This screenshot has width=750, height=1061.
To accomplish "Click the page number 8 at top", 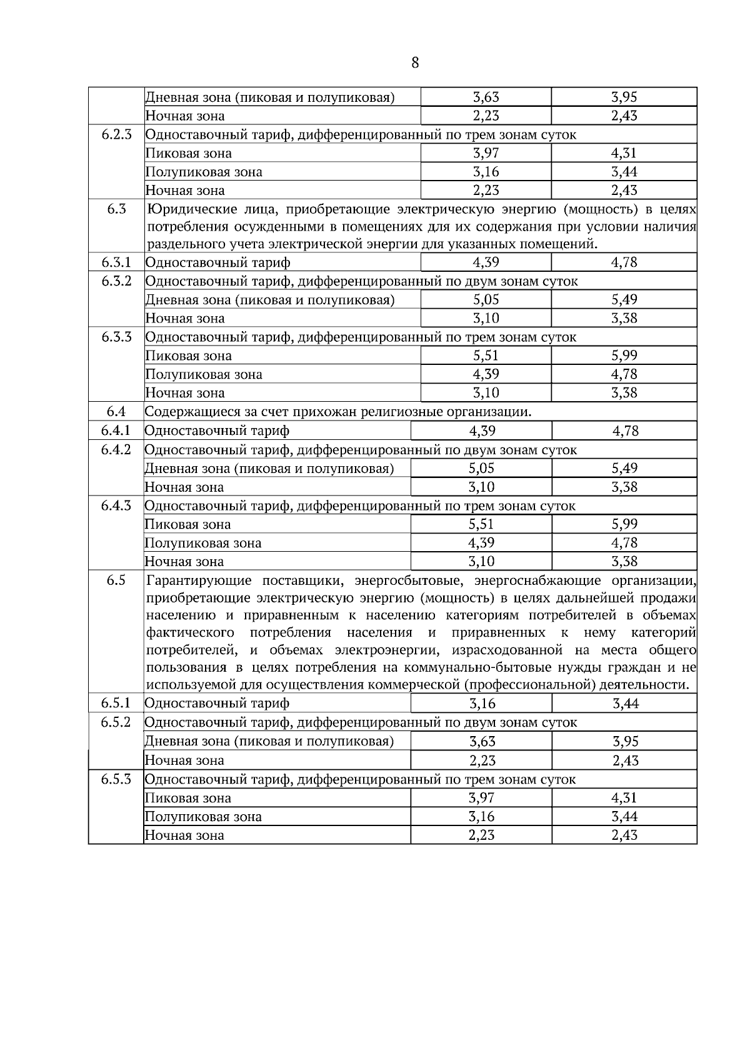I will (415, 62).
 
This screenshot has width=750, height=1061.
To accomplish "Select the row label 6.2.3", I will (117, 134).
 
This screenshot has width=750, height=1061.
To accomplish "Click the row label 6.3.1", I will (117, 262).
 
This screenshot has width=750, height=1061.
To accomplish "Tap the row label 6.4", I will (116, 411).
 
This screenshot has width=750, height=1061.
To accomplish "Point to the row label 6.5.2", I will (116, 722).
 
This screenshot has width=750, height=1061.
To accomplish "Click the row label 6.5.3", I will (116, 779).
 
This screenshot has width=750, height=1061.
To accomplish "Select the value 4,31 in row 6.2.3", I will (624, 153).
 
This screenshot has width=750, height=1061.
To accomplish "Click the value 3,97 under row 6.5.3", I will (481, 798).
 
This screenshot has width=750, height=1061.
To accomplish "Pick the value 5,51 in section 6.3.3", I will (486, 356).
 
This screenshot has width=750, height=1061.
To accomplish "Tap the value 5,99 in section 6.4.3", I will (624, 524).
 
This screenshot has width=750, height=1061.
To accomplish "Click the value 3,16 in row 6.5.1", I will (482, 704).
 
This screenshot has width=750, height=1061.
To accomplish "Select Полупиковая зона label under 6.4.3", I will (203, 543).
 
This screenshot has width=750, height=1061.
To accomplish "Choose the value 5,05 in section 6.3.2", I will (486, 300).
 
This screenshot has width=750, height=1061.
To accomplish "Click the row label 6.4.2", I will (116, 449).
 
